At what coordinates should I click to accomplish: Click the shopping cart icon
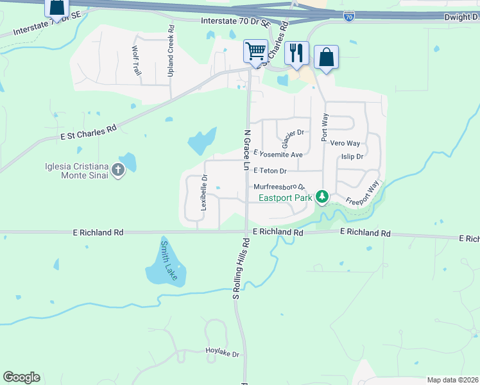point(255,51)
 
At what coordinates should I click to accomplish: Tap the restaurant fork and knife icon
point(296,53)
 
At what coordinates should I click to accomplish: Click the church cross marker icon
point(117,170)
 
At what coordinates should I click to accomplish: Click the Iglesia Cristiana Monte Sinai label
point(74,170)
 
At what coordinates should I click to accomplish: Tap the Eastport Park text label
point(286,198)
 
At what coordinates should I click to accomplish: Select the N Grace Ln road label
point(246,150)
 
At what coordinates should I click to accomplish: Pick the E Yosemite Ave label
point(278,155)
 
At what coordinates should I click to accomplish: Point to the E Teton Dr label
point(270,171)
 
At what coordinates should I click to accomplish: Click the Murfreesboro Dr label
point(283,187)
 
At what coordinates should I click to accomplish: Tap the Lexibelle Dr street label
point(204,193)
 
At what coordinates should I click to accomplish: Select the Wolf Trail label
point(136,61)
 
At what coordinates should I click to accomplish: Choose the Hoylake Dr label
point(221,354)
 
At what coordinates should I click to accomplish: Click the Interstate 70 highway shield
point(348,17)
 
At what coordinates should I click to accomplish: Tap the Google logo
point(21,377)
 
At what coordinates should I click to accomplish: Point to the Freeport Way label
point(363,193)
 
